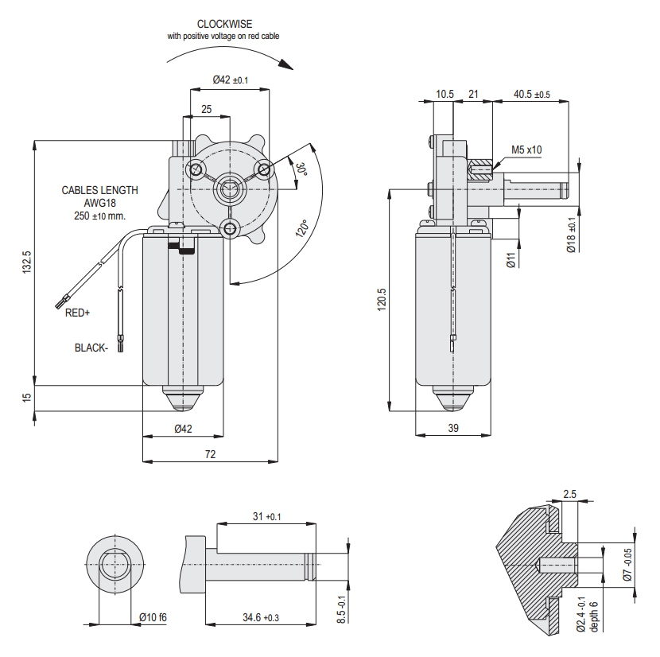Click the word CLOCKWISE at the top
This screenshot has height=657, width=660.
224,25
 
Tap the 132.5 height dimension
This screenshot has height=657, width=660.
28,262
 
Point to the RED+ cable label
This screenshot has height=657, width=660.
78,313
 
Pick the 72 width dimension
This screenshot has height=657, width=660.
211,454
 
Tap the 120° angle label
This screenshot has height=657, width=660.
302,229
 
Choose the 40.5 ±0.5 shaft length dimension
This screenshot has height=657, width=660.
531,94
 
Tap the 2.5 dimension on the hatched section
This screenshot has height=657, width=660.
569,494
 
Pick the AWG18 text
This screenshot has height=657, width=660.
99,203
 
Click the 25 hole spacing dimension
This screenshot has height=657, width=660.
206,109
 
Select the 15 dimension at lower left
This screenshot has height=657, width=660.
28,397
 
